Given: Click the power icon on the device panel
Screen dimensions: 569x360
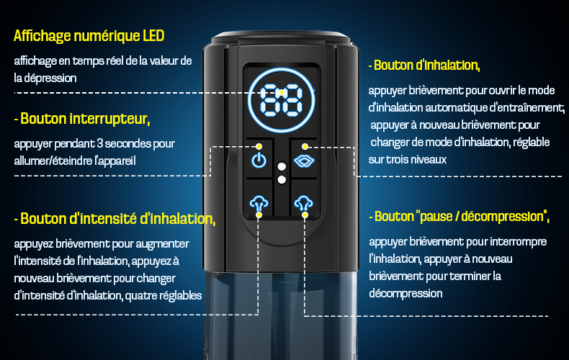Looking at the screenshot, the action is [259, 160].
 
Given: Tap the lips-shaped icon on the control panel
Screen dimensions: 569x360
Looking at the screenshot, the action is [304, 161].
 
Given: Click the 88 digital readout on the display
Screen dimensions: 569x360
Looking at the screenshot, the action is [281, 101].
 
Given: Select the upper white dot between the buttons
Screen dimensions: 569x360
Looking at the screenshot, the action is [282, 166].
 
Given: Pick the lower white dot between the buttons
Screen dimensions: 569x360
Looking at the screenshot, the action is [282, 179].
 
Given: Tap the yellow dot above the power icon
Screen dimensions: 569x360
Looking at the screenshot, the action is [259, 147].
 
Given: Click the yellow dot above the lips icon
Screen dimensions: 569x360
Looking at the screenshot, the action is [305, 147].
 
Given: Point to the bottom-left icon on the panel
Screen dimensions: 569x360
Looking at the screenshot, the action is [259, 204].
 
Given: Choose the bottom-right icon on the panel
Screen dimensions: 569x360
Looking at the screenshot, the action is [304, 203].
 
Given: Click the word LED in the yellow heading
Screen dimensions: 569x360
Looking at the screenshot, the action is [153, 36].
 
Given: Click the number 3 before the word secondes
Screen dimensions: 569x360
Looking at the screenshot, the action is [100, 144].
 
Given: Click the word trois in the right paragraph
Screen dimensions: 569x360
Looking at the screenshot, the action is [398, 160].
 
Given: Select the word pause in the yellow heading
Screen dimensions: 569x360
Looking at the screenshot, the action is [434, 217].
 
